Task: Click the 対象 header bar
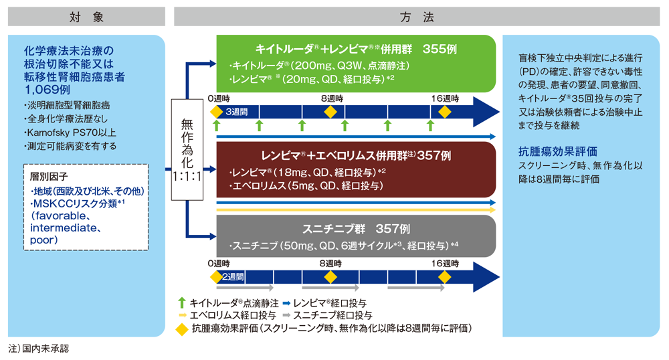(x=86, y=17)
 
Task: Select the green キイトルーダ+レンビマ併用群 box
(x=355, y=64)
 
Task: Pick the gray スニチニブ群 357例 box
(x=355, y=236)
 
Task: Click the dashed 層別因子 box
(x=85, y=208)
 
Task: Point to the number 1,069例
(x=47, y=88)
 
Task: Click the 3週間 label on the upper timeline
(x=237, y=111)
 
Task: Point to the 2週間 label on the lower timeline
(x=233, y=277)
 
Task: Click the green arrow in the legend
(x=181, y=302)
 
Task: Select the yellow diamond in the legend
(x=181, y=329)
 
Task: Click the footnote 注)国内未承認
(x=39, y=349)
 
